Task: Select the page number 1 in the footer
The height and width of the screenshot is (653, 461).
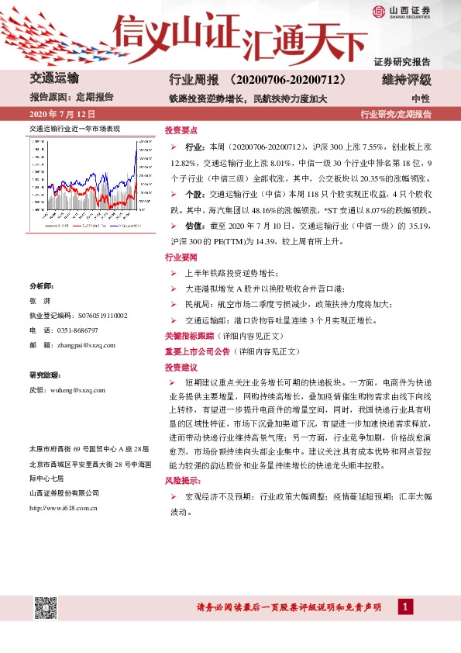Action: [x=406, y=606]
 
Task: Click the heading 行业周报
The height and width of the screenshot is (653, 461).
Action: [x=190, y=80]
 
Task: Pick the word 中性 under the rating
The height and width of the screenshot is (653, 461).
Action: [x=421, y=98]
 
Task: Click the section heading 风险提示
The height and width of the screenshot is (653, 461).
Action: [x=181, y=481]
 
